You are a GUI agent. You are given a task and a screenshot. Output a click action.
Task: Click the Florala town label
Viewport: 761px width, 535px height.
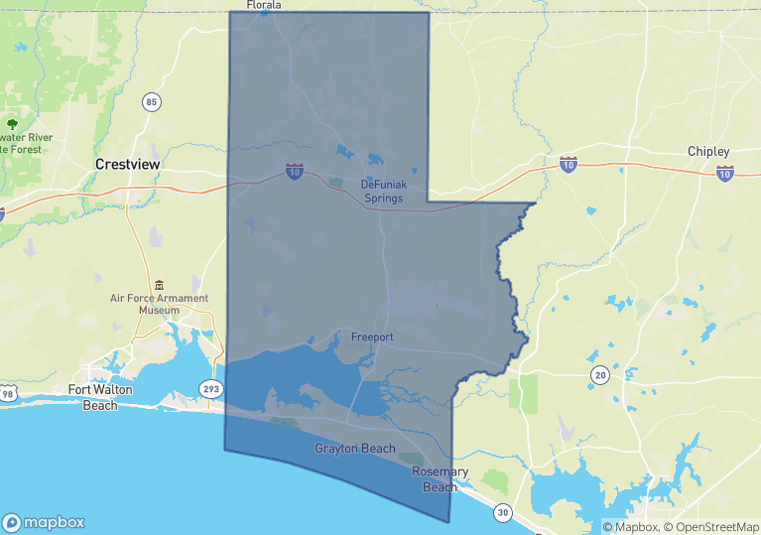[x=264, y=5]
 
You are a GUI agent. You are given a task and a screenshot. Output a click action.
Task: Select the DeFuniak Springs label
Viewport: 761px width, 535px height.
[x=382, y=191]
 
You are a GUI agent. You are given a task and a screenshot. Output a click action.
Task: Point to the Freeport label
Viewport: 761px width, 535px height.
[x=372, y=337]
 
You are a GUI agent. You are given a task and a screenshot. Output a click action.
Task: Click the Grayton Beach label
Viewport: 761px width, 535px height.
[x=355, y=449]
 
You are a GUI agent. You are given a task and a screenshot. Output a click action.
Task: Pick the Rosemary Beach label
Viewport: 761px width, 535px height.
[x=435, y=478]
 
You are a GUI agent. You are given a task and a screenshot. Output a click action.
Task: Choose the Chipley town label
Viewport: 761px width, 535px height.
[x=708, y=151]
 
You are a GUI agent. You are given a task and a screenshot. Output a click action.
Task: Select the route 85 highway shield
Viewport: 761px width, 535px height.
[x=151, y=102]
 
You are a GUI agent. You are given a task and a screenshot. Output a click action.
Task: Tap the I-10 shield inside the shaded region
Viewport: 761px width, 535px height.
[x=295, y=172]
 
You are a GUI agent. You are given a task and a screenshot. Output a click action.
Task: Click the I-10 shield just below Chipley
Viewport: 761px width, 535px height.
[x=725, y=174]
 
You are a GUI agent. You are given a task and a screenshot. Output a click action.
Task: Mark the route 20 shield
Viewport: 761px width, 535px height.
[x=600, y=374]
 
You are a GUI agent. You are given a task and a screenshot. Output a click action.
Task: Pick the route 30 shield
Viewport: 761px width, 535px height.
[x=504, y=513]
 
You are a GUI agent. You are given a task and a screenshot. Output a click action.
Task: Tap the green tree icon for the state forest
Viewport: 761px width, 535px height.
[x=11, y=124]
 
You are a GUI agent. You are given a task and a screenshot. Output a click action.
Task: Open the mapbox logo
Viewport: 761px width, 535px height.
[x=44, y=522]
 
